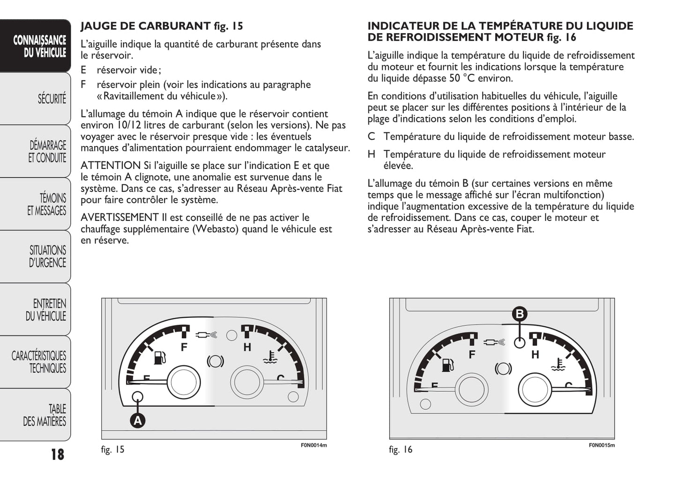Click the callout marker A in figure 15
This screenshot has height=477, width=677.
tap(138, 420)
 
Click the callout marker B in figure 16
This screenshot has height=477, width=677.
tap(519, 314)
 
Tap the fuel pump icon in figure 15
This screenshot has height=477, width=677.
tap(160, 358)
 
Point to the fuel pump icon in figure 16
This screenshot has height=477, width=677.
tap(448, 364)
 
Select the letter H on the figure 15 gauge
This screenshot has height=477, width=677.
tap(247, 347)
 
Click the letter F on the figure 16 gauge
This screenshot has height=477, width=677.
tap(472, 354)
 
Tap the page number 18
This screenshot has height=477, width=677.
tap(58, 454)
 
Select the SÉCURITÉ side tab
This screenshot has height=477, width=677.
tap(52, 99)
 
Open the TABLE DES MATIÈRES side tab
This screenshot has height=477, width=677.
tap(45, 415)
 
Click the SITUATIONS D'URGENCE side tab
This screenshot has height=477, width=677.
tap(47, 257)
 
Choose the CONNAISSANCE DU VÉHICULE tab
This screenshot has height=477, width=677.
tap(39, 46)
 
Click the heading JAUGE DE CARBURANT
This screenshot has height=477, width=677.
tap(146, 26)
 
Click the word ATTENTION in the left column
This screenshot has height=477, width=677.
tap(110, 166)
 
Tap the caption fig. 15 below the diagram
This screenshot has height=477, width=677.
tap(113, 449)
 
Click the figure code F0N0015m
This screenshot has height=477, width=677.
tap(602, 445)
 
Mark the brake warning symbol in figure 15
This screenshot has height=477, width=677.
tap(216, 361)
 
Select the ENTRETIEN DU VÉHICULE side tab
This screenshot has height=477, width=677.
tap(46, 309)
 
